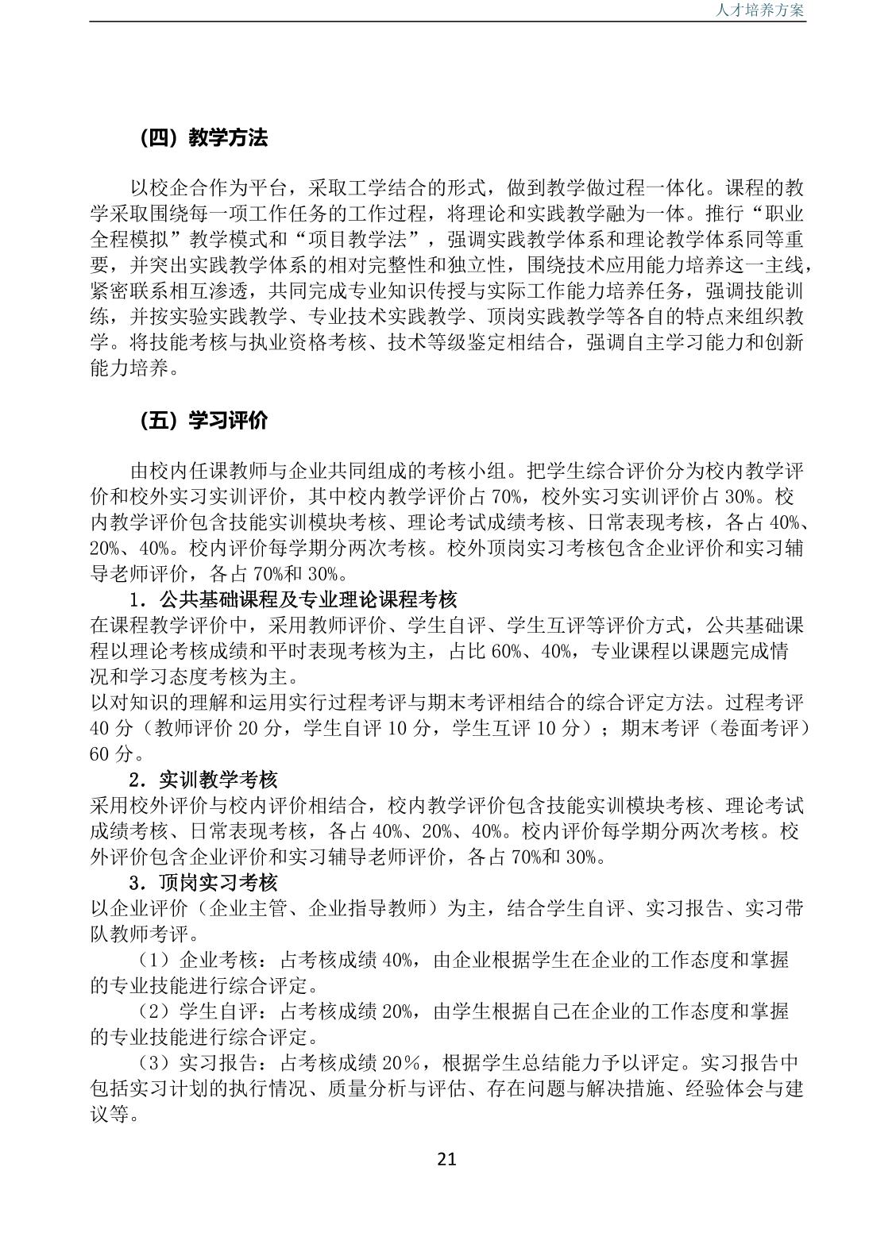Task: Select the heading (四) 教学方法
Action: (203, 138)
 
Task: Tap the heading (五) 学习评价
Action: (203, 421)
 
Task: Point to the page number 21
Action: (447, 1159)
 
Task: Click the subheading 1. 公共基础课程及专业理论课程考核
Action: (293, 599)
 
